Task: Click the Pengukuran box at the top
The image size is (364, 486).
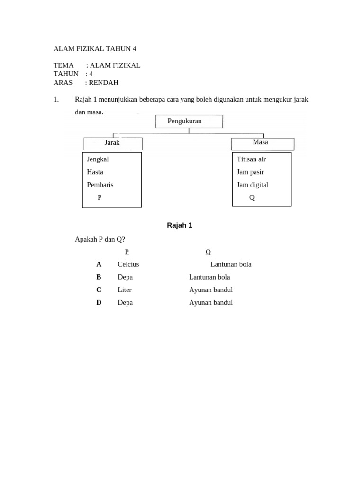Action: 189,121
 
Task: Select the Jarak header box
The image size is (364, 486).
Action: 113,143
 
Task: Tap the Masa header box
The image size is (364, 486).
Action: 262,143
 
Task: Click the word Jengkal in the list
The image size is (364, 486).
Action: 98,159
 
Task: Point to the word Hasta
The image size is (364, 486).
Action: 95,172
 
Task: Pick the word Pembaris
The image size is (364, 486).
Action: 100,185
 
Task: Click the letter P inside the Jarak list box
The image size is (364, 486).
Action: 100,198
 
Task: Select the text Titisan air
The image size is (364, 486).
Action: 251,159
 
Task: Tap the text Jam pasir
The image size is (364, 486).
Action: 250,172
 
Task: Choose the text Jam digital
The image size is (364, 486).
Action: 252,185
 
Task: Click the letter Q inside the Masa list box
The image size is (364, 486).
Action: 252,198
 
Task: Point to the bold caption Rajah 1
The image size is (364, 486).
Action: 180,225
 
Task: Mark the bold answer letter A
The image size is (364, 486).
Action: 99,264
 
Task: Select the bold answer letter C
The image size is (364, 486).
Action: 99,290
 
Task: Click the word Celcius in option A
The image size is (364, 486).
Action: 128,264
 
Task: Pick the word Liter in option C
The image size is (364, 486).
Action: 125,290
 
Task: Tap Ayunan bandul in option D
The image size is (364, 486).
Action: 211,303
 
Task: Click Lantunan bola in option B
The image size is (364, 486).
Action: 209,277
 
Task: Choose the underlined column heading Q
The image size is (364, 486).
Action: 208,252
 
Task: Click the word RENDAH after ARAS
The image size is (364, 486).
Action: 103,83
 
